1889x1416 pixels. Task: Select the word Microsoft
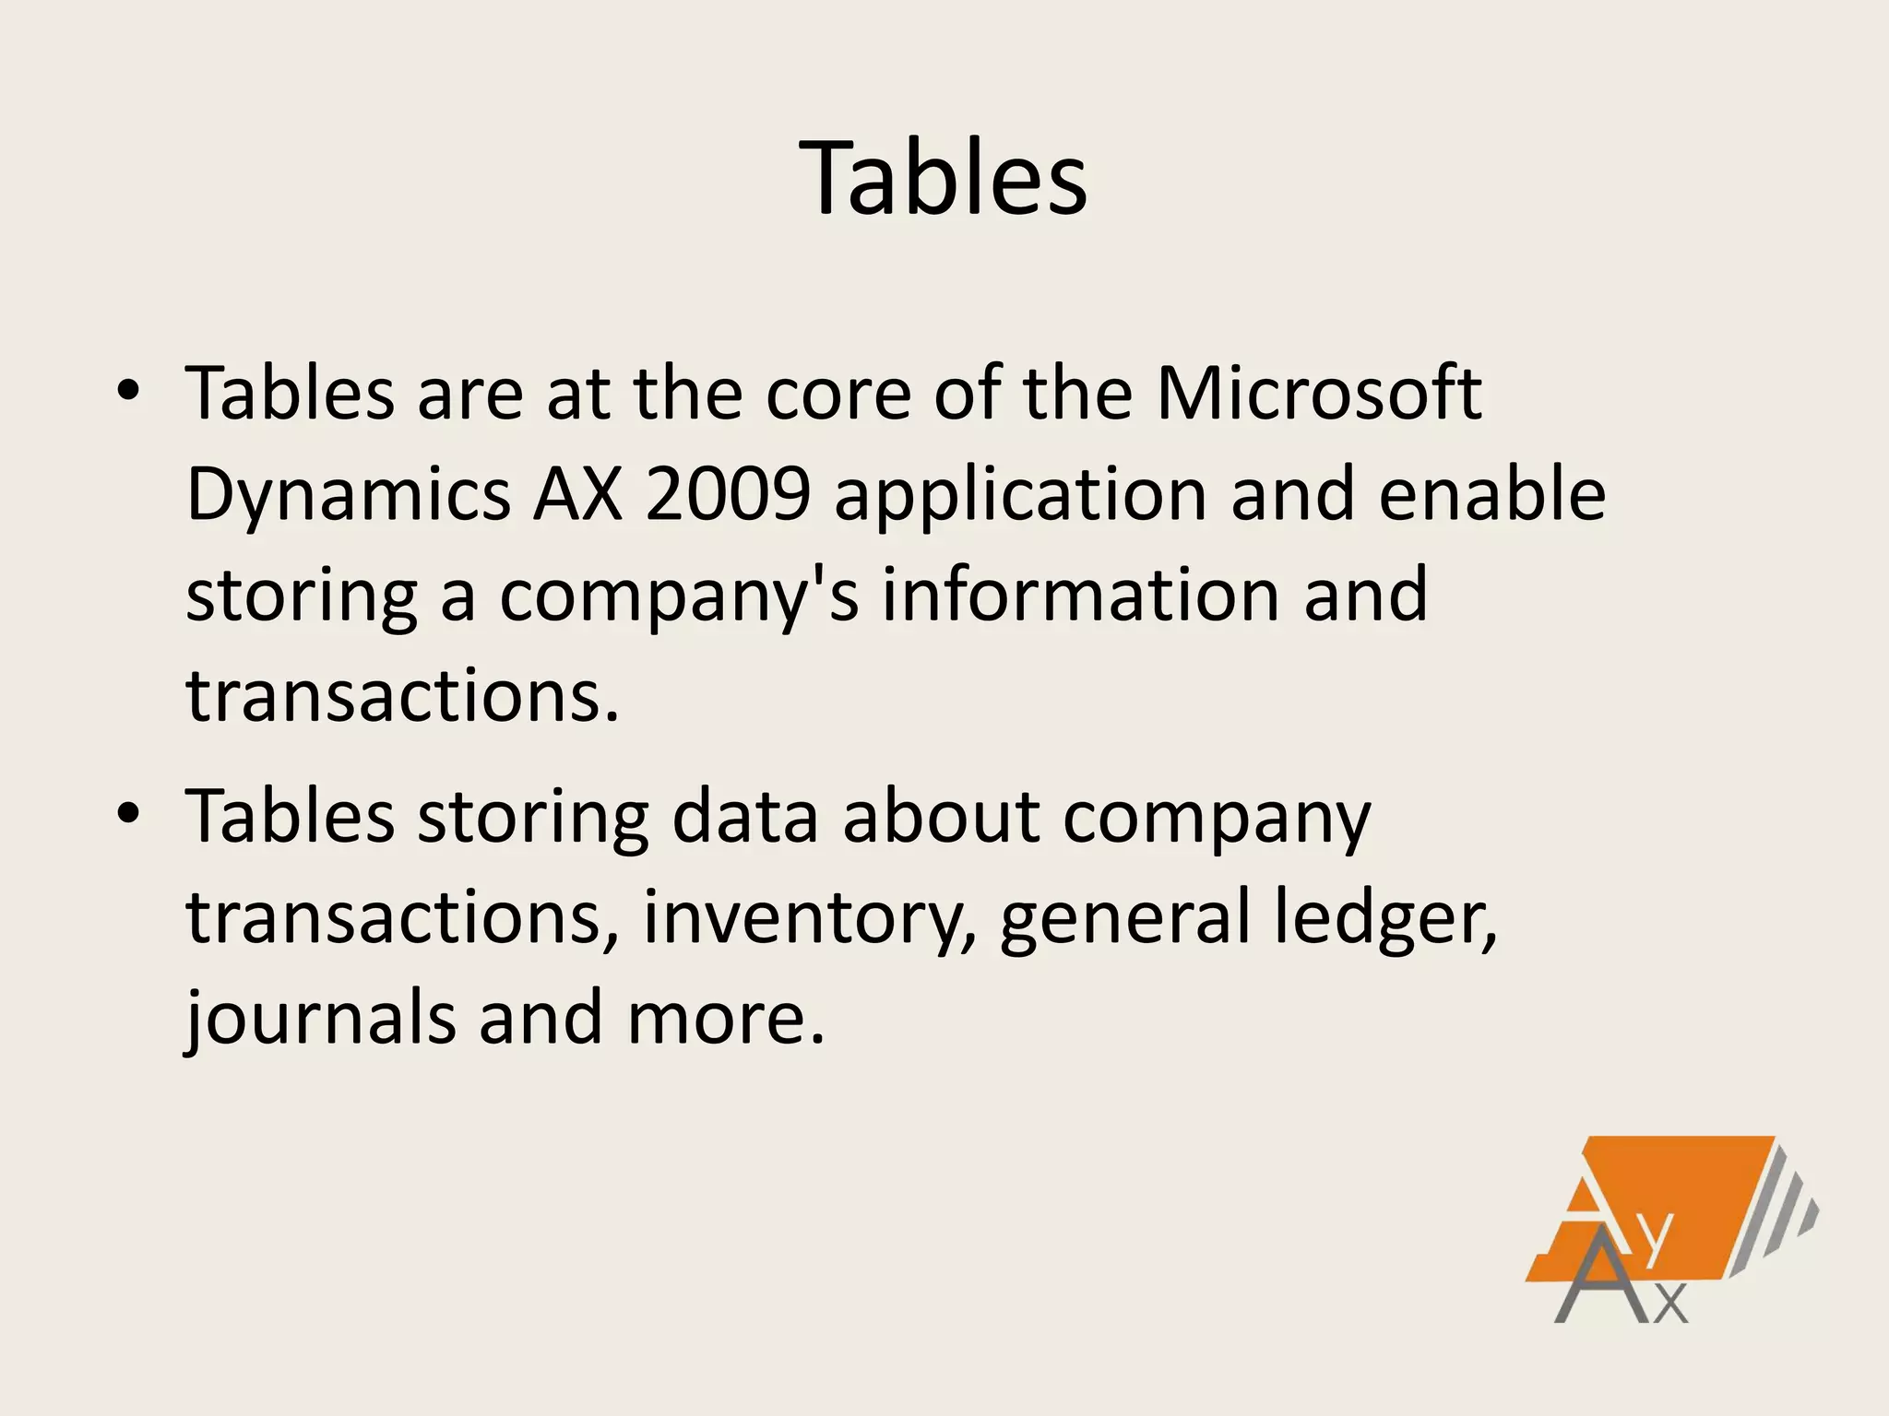click(1319, 395)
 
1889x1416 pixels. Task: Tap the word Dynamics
click(348, 495)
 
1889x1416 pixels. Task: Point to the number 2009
click(728, 495)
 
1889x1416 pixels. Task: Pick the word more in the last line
click(724, 1020)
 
